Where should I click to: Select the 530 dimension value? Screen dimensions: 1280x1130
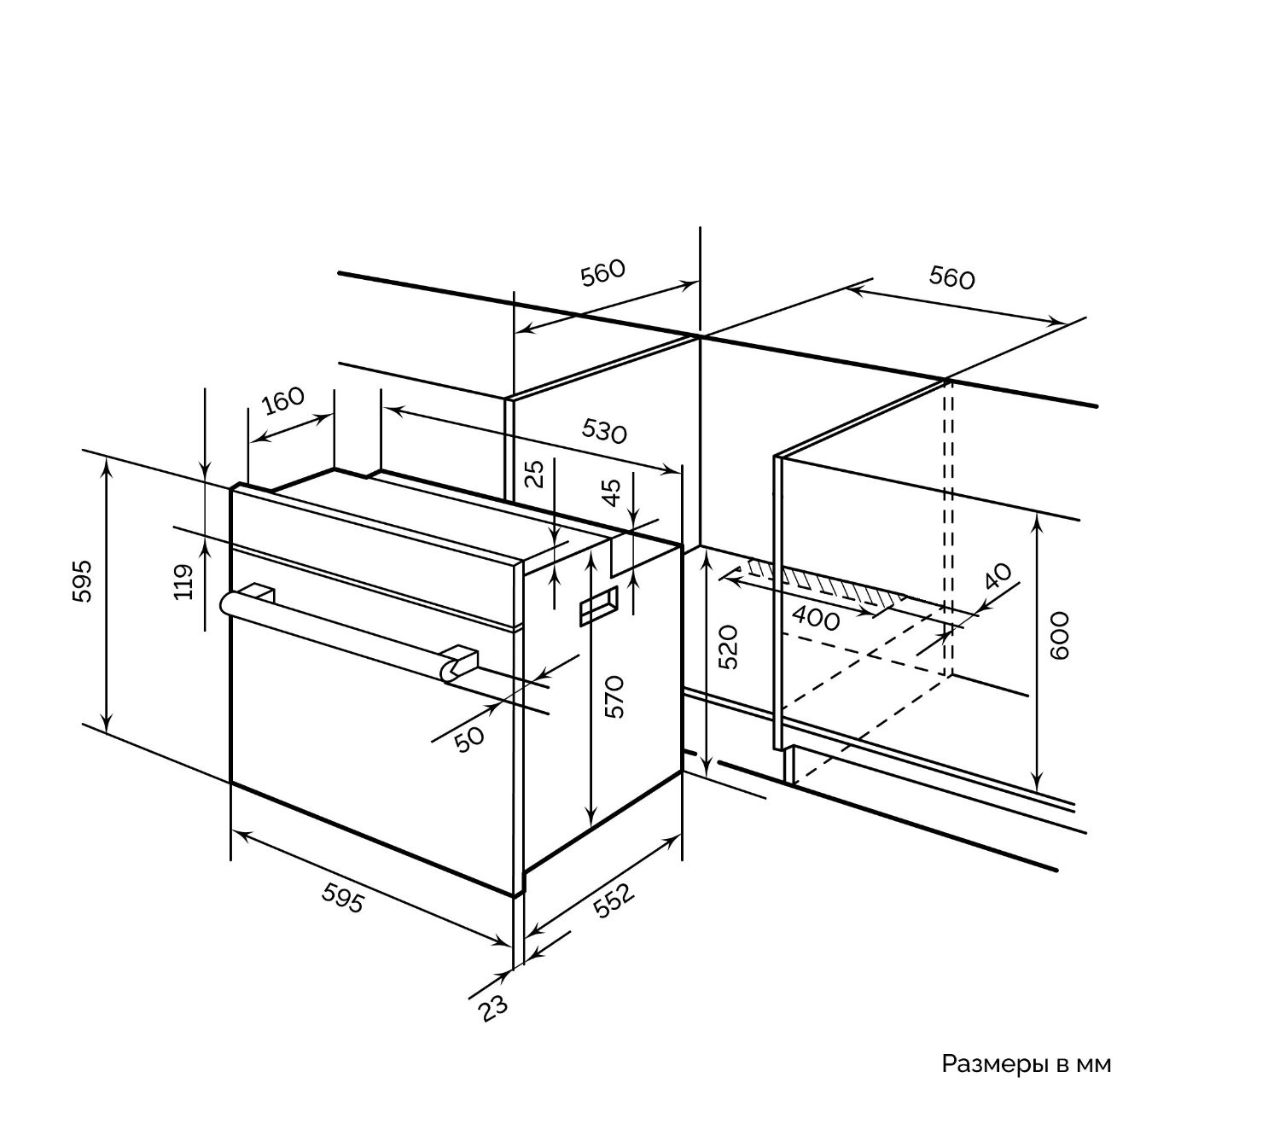point(604,431)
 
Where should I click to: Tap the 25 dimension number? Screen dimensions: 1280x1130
point(534,474)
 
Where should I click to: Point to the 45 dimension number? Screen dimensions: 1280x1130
point(611,492)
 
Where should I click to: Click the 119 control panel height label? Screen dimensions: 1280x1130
point(183,582)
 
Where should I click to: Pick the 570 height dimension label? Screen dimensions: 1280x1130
point(614,697)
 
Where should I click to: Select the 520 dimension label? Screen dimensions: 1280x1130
point(729,647)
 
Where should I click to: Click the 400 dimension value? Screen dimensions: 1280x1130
point(816,619)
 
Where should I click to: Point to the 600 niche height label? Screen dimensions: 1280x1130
point(1059,636)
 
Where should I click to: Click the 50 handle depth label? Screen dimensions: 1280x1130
point(469,738)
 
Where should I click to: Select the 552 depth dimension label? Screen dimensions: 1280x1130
point(612,901)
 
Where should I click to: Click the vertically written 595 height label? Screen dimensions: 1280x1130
point(82,581)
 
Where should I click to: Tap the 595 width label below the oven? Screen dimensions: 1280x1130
point(343,897)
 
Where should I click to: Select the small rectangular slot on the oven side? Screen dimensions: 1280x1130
point(599,605)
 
